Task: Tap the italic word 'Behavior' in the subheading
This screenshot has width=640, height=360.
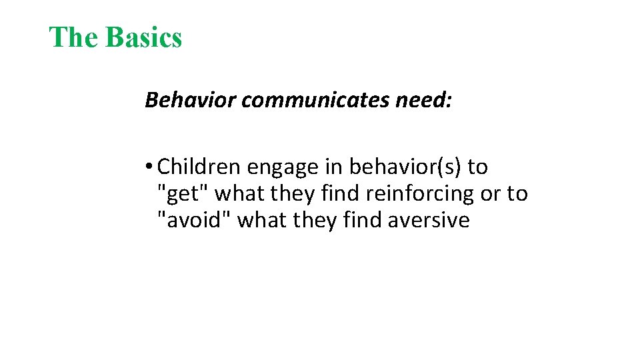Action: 191,100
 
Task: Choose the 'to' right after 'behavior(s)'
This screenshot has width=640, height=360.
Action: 477,167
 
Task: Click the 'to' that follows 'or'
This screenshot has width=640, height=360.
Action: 517,193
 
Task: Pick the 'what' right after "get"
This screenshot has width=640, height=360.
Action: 239,193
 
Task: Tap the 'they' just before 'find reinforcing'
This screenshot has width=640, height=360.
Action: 294,194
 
